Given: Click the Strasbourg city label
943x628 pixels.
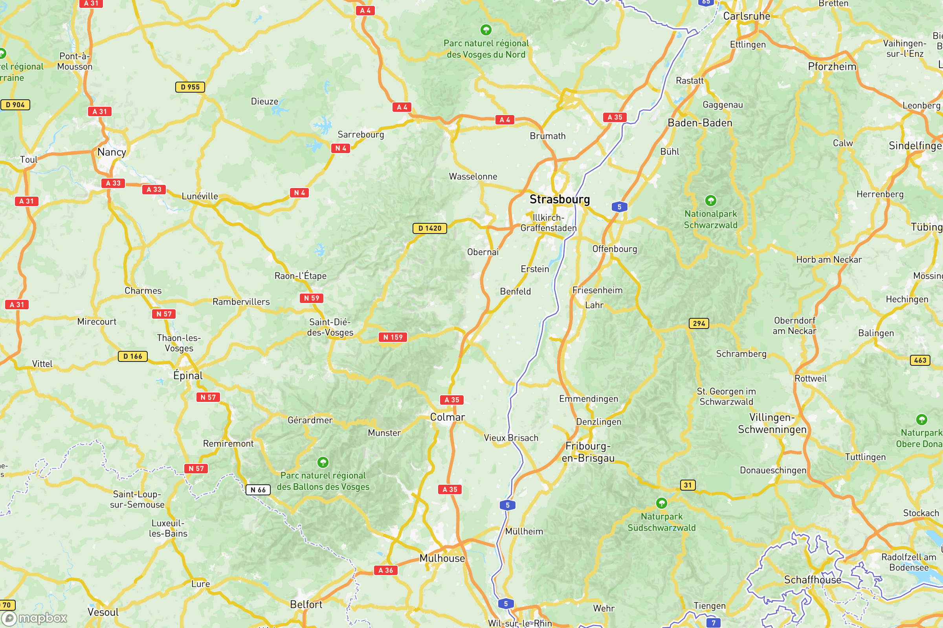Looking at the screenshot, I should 560,199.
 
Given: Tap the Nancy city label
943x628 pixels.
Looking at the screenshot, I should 112,152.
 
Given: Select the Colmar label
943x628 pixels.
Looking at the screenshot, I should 448,417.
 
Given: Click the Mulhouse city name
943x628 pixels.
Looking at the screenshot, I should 442,558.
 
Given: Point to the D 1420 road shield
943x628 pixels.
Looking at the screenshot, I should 429,228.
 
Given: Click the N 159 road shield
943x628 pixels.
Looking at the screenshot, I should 393,337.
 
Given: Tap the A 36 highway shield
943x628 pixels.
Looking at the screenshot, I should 385,570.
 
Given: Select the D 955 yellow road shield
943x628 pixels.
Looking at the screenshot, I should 190,87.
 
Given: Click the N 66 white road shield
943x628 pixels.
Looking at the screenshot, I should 258,489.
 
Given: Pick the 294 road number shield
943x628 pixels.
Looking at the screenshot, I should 699,323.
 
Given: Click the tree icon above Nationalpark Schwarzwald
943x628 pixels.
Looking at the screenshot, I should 710,200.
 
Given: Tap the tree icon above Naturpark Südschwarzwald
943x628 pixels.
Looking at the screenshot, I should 661,503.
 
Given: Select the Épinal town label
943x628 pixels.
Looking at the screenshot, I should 188,376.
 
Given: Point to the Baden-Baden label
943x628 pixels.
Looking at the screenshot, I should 700,123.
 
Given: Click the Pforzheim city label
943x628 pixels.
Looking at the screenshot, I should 832,66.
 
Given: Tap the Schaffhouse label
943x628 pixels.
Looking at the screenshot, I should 812,580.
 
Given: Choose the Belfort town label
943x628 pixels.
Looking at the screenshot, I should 306,604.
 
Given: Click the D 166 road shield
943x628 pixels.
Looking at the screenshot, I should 133,356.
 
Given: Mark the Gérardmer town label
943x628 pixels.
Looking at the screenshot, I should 310,420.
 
